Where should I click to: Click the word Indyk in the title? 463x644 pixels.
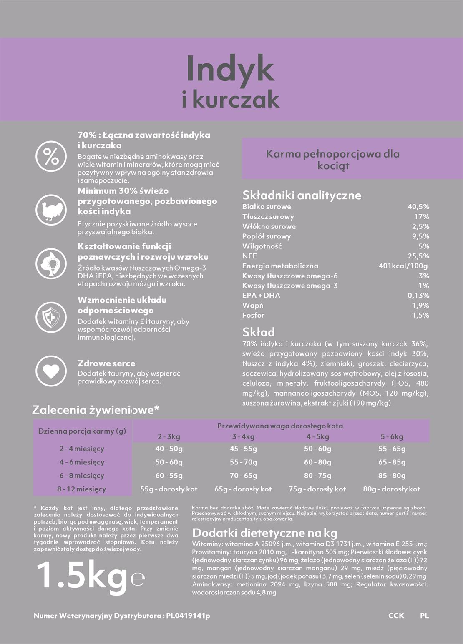click(x=230, y=69)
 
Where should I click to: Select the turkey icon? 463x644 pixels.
click(x=51, y=210)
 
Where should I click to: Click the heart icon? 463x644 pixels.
click(x=51, y=371)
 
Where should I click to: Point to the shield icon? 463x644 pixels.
click(x=51, y=317)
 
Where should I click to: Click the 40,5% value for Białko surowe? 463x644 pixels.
click(x=418, y=207)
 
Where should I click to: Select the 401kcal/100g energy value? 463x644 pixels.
click(x=403, y=266)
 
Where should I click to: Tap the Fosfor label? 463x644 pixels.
click(x=253, y=316)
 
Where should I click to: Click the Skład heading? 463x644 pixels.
click(x=259, y=332)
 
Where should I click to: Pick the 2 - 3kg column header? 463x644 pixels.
click(x=169, y=436)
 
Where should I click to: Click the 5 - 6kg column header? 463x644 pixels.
click(x=392, y=436)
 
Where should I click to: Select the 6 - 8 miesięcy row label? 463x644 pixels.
click(x=82, y=476)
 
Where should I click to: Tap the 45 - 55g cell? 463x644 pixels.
click(x=243, y=449)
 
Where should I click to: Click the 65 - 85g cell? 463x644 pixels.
click(x=392, y=462)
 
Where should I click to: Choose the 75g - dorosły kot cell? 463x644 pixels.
click(x=317, y=489)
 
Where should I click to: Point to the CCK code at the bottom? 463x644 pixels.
click(x=396, y=616)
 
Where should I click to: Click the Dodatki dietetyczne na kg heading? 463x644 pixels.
click(x=264, y=533)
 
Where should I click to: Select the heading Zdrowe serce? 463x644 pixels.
click(x=106, y=363)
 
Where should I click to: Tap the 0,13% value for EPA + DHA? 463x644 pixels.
click(x=418, y=296)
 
